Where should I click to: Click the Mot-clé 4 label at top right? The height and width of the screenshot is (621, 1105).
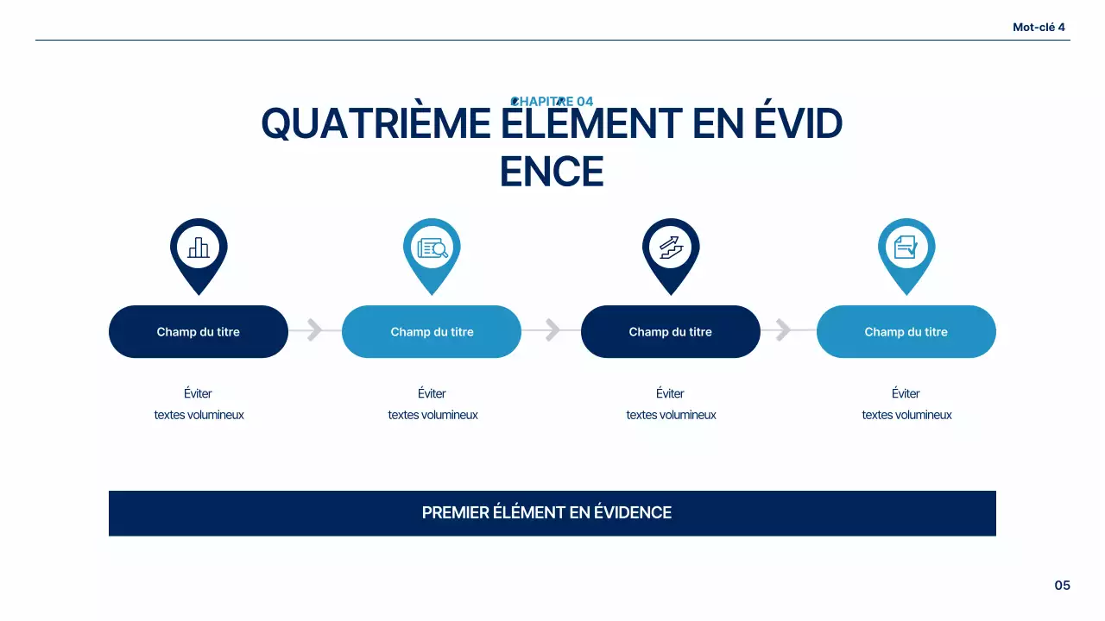tap(1039, 28)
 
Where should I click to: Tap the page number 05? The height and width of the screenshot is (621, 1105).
tap(1062, 586)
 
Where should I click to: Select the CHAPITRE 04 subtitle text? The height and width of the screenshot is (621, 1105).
tap(552, 102)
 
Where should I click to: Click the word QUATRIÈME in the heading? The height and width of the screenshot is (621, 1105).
tap(376, 124)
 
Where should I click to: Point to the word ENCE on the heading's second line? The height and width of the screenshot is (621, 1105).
tap(552, 172)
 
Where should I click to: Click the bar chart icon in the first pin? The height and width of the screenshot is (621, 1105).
tap(199, 248)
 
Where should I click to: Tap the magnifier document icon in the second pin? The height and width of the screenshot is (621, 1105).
tap(432, 248)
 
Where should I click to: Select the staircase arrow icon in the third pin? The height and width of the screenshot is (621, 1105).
tap(671, 248)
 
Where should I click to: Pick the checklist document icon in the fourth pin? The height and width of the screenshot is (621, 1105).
tap(906, 248)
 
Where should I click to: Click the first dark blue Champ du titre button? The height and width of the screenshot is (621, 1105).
tap(199, 332)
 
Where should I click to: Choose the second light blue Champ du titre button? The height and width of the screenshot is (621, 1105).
tap(432, 332)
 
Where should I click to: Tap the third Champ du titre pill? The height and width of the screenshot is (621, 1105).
tap(671, 332)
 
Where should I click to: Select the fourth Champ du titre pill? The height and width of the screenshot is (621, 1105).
tap(906, 332)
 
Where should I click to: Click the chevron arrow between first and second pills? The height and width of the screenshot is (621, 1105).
tap(315, 330)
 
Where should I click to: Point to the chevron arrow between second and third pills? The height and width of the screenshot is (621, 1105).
tap(552, 330)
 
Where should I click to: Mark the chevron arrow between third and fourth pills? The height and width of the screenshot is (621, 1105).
tap(783, 330)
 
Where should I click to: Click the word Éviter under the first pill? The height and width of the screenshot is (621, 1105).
tap(198, 394)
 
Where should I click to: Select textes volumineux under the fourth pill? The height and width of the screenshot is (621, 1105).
tap(906, 415)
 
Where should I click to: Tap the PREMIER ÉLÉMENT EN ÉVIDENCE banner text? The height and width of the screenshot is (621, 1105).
tap(546, 513)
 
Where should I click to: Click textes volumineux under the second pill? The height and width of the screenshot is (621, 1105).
tap(433, 415)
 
